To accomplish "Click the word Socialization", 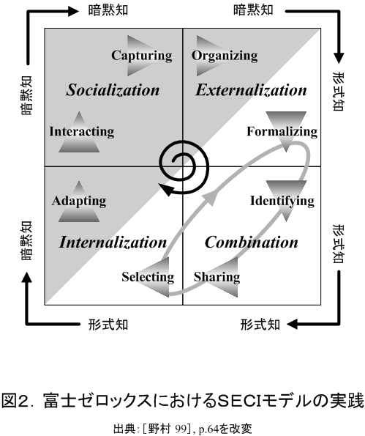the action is pyautogui.click(x=113, y=90).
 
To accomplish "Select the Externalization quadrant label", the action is pyautogui.click(x=251, y=90).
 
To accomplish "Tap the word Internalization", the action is pyautogui.click(x=113, y=242).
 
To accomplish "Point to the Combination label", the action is pyautogui.click(x=252, y=242).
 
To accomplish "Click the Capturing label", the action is pyautogui.click(x=142, y=56).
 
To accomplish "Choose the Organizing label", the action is pyautogui.click(x=225, y=56).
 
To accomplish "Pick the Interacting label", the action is pyautogui.click(x=82, y=131).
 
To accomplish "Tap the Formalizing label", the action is pyautogui.click(x=282, y=131).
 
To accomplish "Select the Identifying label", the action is pyautogui.click(x=282, y=201).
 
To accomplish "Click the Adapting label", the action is pyautogui.click(x=79, y=201).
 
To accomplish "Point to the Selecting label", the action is pyautogui.click(x=148, y=277).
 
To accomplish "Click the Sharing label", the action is pyautogui.click(x=217, y=277).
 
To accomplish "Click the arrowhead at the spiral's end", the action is pyautogui.click(x=165, y=189).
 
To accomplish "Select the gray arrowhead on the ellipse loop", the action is pyautogui.click(x=209, y=198).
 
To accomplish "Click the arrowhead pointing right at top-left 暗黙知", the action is pyautogui.click(x=74, y=11).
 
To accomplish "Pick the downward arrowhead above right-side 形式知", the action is pyautogui.click(x=339, y=58).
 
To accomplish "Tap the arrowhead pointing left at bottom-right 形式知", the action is pyautogui.click(x=292, y=324).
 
